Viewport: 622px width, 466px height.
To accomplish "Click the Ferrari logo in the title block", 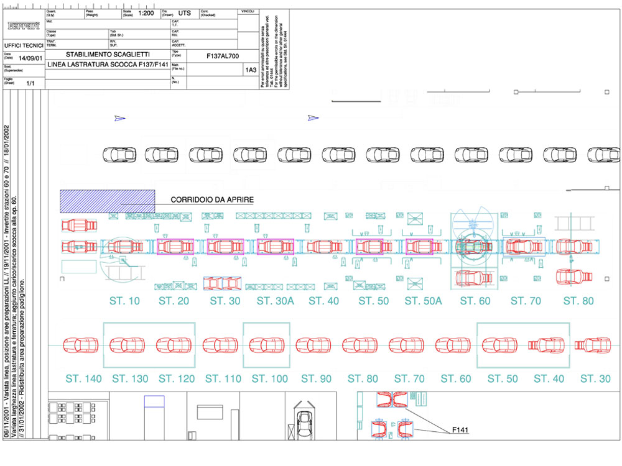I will pyautogui.click(x=22, y=25).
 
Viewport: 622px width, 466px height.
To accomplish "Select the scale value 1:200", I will pyautogui.click(x=146, y=12).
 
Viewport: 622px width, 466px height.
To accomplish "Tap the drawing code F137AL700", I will pyautogui.click(x=222, y=55).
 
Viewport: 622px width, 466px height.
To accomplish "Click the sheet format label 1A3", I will pyautogui.click(x=250, y=70).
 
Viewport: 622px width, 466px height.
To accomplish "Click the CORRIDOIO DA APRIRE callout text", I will pyautogui.click(x=212, y=199).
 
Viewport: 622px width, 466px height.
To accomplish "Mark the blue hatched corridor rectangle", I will pyautogui.click(x=107, y=201).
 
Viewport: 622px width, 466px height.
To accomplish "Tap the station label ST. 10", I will pyautogui.click(x=125, y=301).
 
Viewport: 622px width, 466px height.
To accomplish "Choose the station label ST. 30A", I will pyautogui.click(x=276, y=301).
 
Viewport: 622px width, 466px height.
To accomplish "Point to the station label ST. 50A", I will pyautogui.click(x=423, y=301).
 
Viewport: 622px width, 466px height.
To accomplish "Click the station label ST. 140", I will pyautogui.click(x=83, y=379).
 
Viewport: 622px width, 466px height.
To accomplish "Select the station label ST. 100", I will pyautogui.click(x=271, y=379).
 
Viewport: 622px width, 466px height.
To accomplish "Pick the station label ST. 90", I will pyautogui.click(x=317, y=379).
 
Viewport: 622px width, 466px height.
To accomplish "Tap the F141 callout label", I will pyautogui.click(x=461, y=430).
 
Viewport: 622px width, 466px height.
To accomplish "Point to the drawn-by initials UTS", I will pyautogui.click(x=185, y=12).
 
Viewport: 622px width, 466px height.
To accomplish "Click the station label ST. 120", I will pyautogui.click(x=177, y=379).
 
